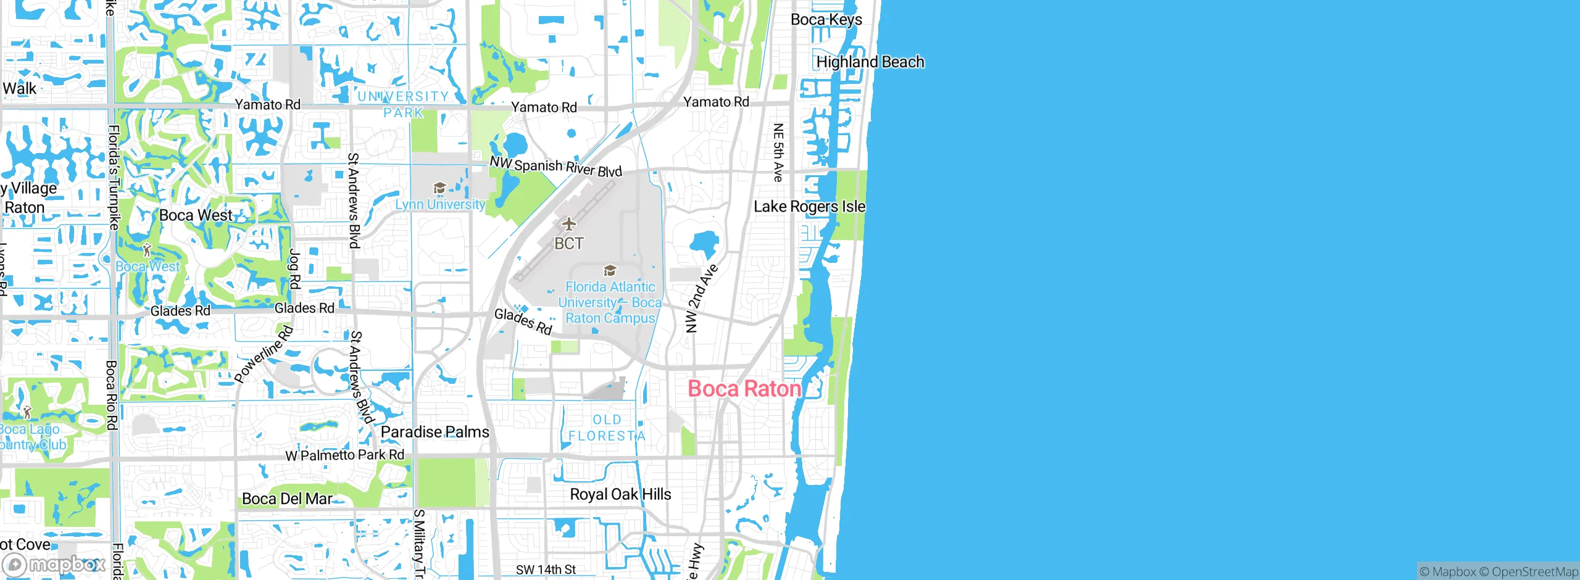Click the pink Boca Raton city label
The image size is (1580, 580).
pyautogui.click(x=744, y=389)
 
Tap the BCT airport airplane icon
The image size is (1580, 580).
pyautogui.click(x=568, y=224)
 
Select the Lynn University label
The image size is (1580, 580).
pyautogui.click(x=440, y=204)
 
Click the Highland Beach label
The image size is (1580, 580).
pyautogui.click(x=870, y=62)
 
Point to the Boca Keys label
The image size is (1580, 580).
pyautogui.click(x=826, y=20)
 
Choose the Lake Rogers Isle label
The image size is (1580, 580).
pyautogui.click(x=809, y=207)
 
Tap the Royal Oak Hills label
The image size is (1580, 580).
pyautogui.click(x=620, y=494)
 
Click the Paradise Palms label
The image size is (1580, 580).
pyautogui.click(x=434, y=432)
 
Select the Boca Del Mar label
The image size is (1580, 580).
pyautogui.click(x=287, y=499)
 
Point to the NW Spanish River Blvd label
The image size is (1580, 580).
pyautogui.click(x=555, y=167)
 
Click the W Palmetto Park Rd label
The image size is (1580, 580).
pyautogui.click(x=344, y=455)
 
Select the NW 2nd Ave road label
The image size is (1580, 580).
pyautogui.click(x=701, y=299)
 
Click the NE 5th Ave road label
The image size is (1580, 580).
pyautogui.click(x=778, y=152)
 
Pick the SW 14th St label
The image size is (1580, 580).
pyautogui.click(x=546, y=570)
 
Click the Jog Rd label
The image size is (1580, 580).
pyautogui.click(x=295, y=268)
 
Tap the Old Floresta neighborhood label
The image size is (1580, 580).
pyautogui.click(x=607, y=428)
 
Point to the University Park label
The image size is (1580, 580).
pyautogui.click(x=403, y=104)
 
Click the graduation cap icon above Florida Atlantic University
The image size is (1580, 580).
pyautogui.click(x=610, y=270)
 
